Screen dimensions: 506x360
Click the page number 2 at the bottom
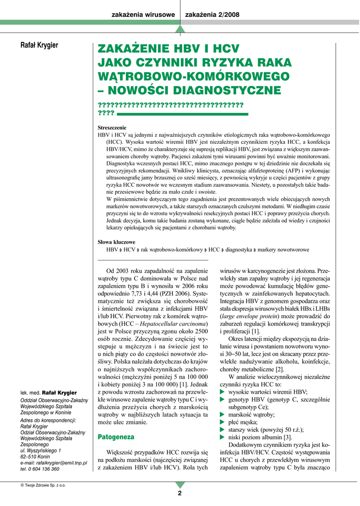point(180,493)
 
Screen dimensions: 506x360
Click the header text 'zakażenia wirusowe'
point(144,15)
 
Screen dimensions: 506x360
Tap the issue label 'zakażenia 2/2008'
point(212,15)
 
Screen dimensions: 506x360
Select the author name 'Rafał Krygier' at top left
point(39,46)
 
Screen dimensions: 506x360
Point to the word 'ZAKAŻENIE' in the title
point(136,49)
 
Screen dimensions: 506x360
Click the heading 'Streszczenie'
point(112,127)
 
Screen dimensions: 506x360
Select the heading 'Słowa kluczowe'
point(117,242)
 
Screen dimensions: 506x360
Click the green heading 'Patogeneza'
point(116,437)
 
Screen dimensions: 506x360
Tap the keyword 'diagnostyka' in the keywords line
point(239,250)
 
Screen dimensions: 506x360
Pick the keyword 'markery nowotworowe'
point(283,250)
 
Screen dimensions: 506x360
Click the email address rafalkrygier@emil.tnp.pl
point(54,463)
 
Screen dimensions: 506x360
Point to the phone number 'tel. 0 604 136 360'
point(40,469)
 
